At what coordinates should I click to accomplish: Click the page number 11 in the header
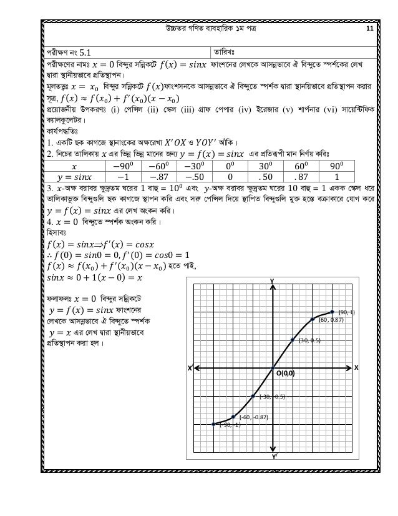click(369, 29)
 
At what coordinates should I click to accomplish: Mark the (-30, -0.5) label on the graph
click(272, 397)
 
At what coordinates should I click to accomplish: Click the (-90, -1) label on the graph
click(229, 425)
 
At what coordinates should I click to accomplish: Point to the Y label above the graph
click(272, 280)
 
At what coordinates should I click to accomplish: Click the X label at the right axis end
click(357, 368)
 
